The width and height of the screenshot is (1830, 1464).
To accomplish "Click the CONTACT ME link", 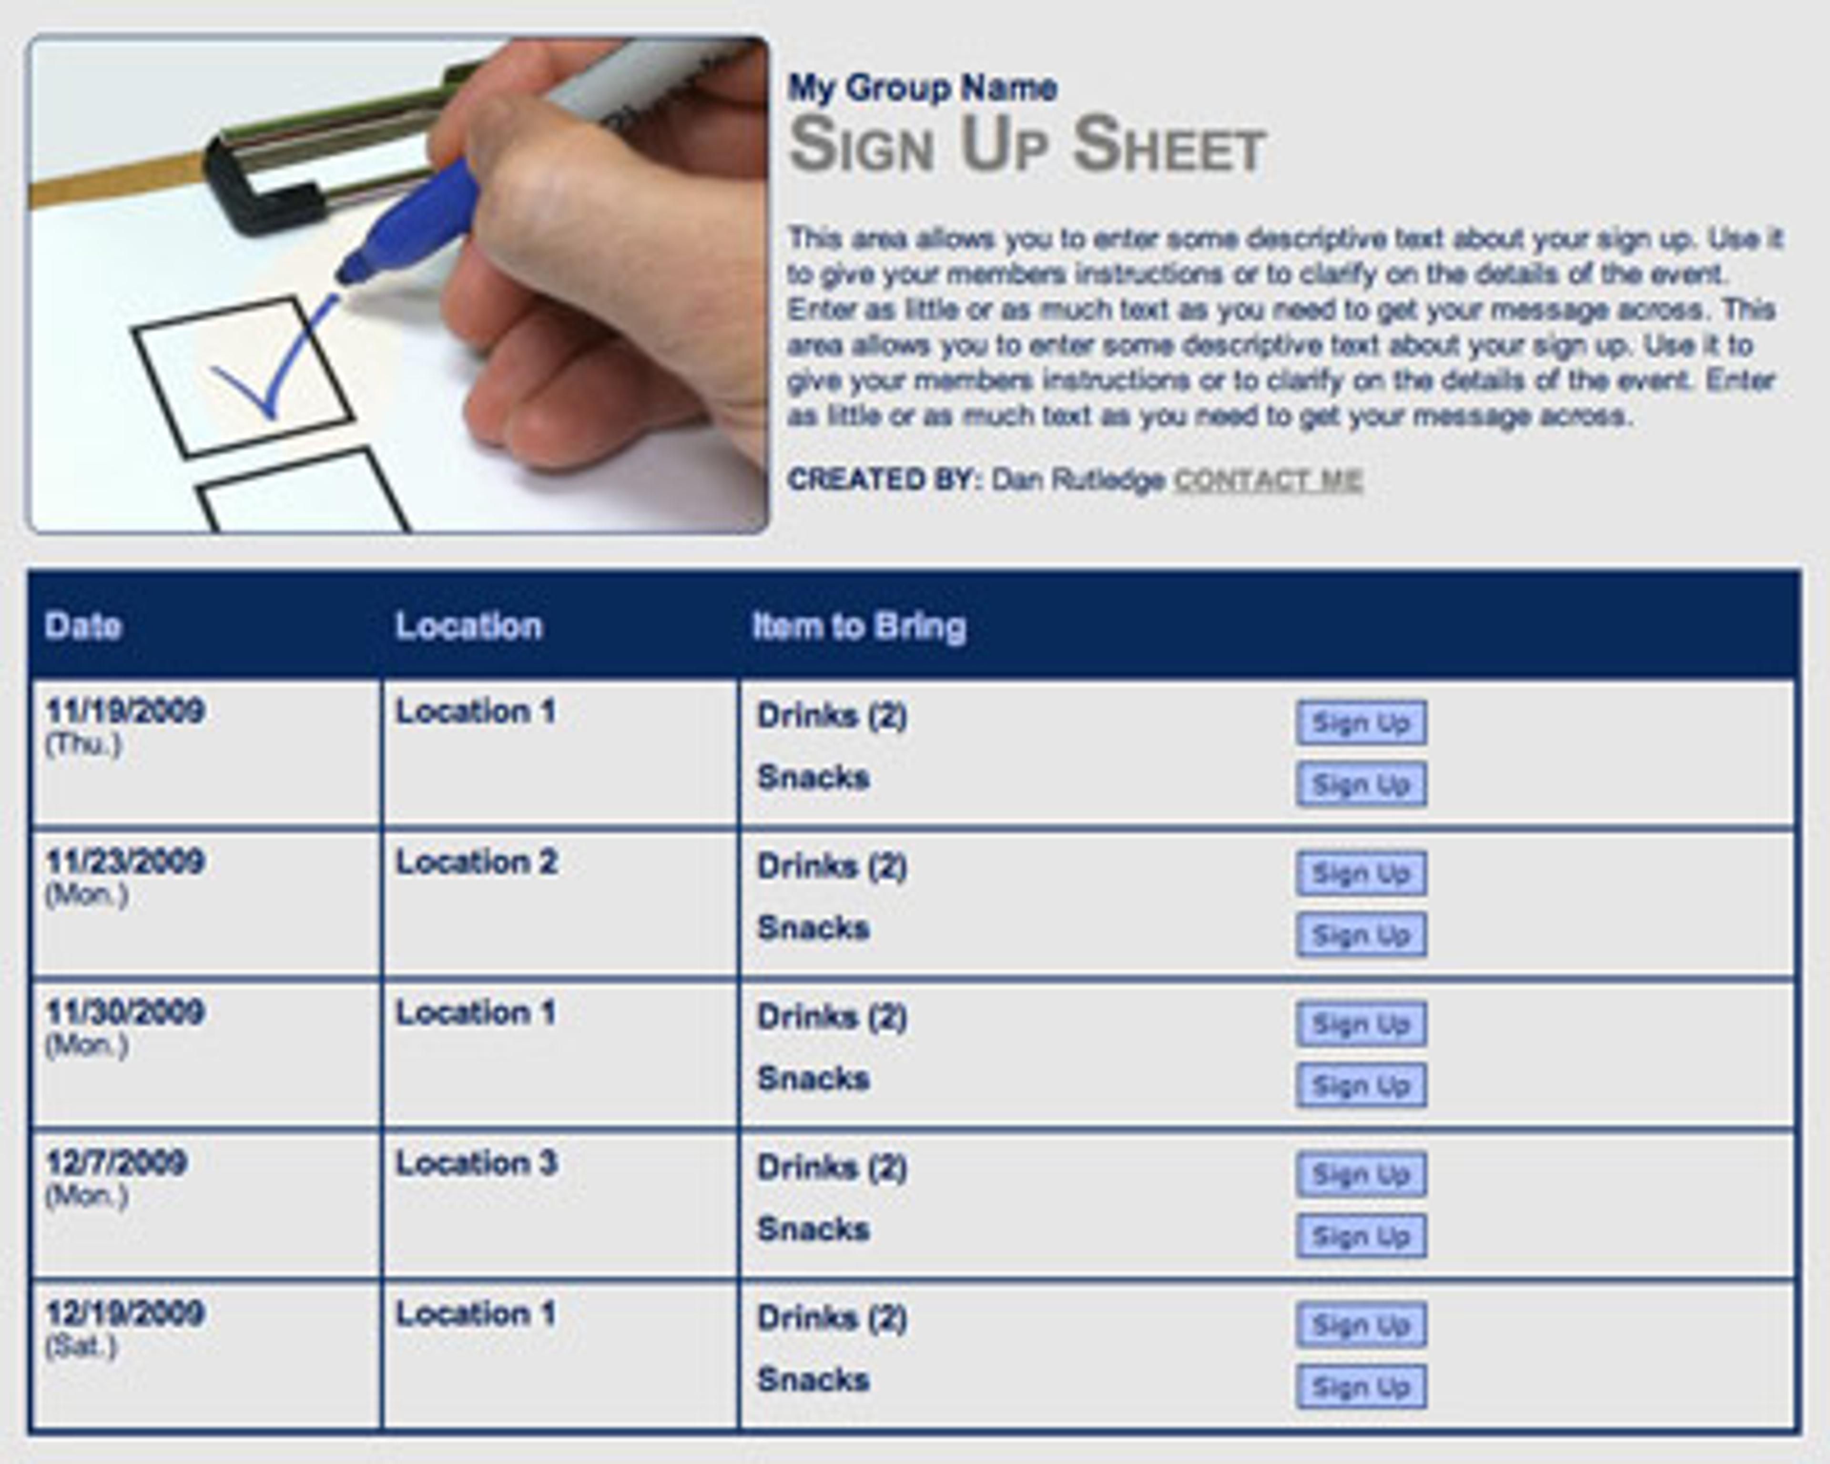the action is coord(1268,480).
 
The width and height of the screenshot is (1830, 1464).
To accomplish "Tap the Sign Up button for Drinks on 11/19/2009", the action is coord(1361,722).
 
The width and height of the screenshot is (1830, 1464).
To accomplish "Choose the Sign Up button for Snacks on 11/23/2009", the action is coord(1361,935).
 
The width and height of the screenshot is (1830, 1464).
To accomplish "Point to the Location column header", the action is coord(468,626).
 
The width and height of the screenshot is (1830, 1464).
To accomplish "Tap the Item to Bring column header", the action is coord(859,626).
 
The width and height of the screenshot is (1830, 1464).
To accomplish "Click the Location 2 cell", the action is coord(476,862).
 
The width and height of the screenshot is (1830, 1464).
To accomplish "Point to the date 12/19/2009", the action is coord(125,1313).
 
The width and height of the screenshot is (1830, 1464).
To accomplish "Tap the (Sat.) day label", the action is coord(81,1346).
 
